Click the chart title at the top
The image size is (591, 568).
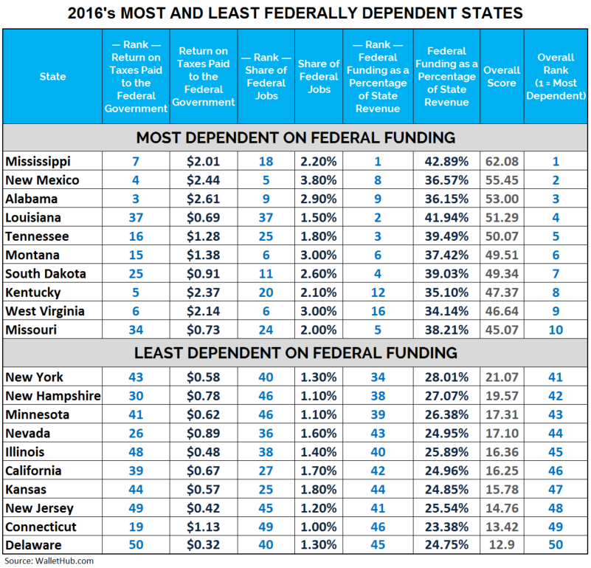(x=295, y=13)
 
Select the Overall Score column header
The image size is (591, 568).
(x=502, y=77)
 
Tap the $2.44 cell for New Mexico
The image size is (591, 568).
(x=204, y=180)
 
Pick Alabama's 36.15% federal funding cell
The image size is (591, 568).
(x=446, y=199)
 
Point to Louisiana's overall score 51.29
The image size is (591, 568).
(x=502, y=217)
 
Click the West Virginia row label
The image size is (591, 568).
(x=44, y=310)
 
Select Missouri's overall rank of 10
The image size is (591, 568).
(x=556, y=329)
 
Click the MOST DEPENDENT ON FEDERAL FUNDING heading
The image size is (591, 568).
(x=295, y=137)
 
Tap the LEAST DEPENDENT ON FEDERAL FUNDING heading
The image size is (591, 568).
(x=295, y=353)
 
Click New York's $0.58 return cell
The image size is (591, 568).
(x=204, y=377)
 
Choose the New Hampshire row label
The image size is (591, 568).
(x=52, y=396)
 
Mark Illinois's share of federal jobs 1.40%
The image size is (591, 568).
(x=318, y=451)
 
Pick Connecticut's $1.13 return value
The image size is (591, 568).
(x=204, y=526)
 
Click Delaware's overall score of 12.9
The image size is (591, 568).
(x=502, y=544)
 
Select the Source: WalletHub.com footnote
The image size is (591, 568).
(x=47, y=561)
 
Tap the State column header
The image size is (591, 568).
(x=52, y=77)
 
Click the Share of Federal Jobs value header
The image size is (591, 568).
(x=318, y=77)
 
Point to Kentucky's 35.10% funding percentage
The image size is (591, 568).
(x=446, y=292)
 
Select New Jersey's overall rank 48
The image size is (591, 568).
(x=556, y=507)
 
